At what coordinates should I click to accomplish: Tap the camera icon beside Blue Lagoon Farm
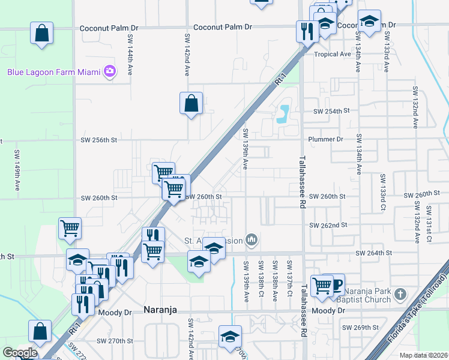click(x=109, y=72)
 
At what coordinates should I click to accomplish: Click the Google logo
click(x=20, y=353)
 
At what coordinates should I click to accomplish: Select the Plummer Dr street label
click(x=325, y=139)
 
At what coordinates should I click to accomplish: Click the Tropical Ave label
click(x=332, y=54)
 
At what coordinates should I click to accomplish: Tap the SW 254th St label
click(x=331, y=112)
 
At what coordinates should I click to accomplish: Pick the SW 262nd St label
click(x=328, y=225)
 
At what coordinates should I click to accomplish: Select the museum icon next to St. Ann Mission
click(x=252, y=241)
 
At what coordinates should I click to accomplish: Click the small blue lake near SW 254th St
click(x=282, y=113)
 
